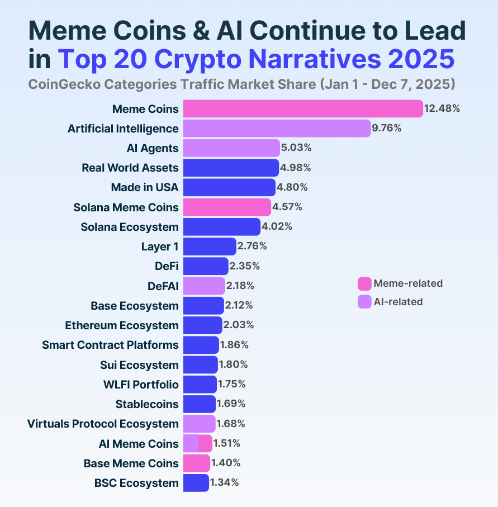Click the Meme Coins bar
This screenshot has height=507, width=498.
tap(302, 108)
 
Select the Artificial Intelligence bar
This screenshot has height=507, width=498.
tap(277, 129)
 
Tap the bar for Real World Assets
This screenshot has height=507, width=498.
tap(231, 168)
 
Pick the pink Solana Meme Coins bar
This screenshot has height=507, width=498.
tap(227, 207)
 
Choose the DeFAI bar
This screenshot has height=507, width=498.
tap(204, 286)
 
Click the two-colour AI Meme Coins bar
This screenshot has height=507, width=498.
tap(197, 443)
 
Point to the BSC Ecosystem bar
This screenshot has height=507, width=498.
tap(196, 483)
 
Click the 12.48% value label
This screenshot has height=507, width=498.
tap(442, 108)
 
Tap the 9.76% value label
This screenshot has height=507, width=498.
tap(387, 129)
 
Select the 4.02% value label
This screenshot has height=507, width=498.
tap(277, 227)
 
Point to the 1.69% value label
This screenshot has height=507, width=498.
tap(231, 404)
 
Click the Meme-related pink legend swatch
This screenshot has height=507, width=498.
tap(364, 283)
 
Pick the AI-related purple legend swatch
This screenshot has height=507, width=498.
tap(364, 302)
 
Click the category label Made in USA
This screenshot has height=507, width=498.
tap(145, 187)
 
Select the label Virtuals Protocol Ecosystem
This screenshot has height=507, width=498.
tap(103, 424)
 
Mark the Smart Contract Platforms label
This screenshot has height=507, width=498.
tap(110, 345)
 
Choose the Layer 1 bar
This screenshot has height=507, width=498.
tap(210, 247)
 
